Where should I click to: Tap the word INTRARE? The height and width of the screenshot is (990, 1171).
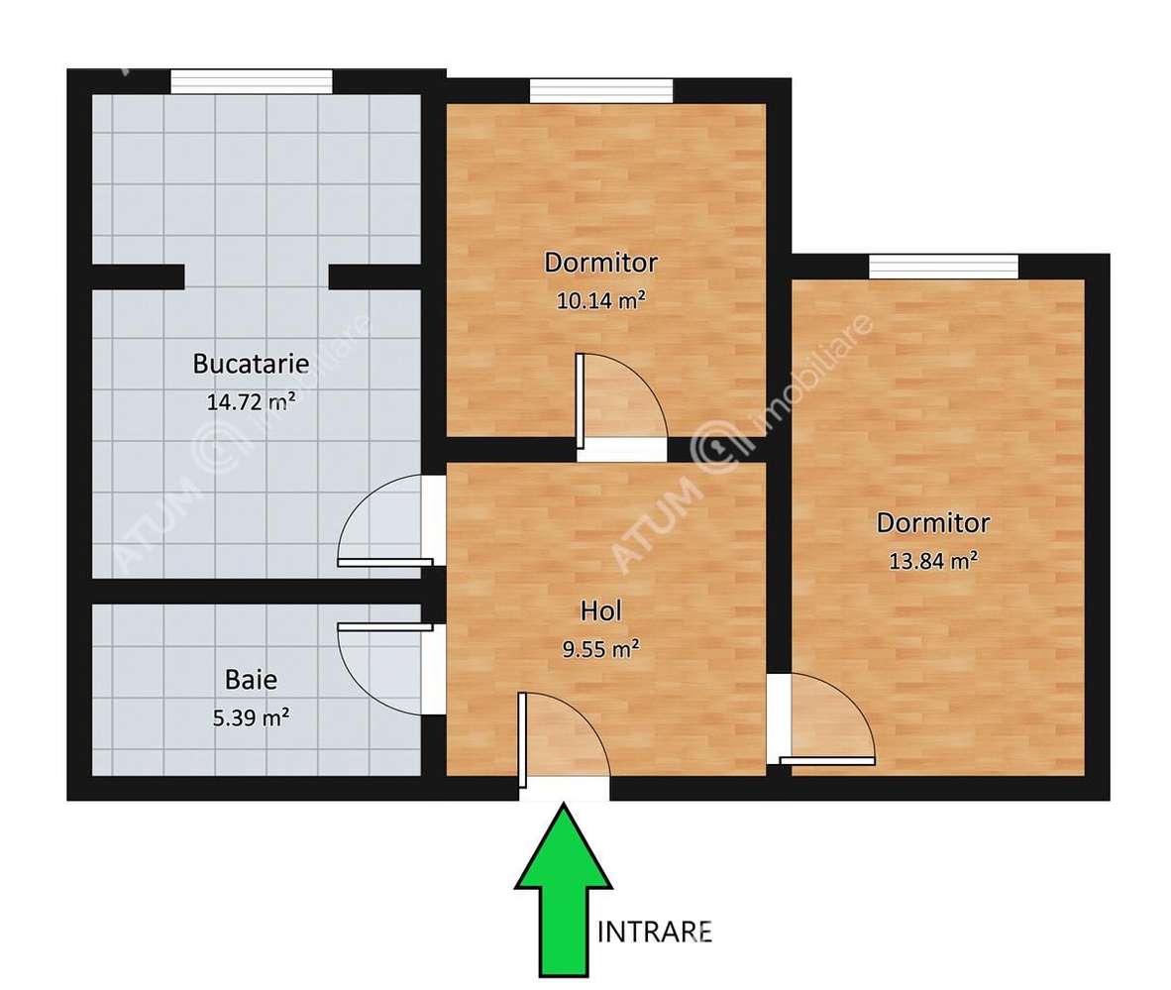pos(656,932)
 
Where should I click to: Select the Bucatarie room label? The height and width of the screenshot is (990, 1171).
pos(251,363)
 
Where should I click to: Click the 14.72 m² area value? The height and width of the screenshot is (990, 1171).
pos(251,402)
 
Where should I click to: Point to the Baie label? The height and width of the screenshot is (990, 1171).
pos(251,680)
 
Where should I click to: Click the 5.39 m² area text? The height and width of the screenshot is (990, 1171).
pos(251,717)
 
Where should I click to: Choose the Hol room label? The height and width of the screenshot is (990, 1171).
pos(601,611)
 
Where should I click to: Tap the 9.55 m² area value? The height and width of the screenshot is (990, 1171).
pos(601,649)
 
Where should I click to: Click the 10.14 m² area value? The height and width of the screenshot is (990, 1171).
pos(601,301)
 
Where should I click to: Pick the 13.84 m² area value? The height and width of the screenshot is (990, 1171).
pos(933,561)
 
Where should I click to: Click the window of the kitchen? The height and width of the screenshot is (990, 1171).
pos(251,81)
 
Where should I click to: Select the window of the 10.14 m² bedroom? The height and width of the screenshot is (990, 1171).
pos(601,90)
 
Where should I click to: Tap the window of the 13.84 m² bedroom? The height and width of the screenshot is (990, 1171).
pos(943,266)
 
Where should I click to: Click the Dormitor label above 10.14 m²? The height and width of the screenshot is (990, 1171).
pos(601,264)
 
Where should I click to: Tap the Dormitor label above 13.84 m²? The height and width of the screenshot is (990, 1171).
pos(933,522)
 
